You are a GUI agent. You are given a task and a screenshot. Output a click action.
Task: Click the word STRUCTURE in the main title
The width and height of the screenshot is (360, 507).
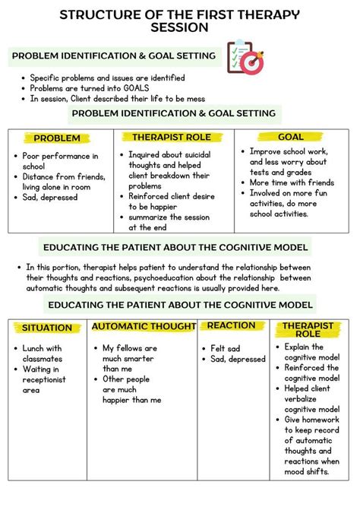coord(97,15)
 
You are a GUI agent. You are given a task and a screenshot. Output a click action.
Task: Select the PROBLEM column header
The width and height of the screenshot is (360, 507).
coord(58,138)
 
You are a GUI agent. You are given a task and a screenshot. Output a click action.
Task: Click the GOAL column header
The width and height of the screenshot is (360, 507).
coord(290,138)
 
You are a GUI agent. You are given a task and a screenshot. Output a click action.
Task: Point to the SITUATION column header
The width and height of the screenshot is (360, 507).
coord(47,328)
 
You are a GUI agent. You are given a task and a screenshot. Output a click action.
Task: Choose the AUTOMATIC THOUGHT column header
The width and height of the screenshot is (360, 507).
coord(144,327)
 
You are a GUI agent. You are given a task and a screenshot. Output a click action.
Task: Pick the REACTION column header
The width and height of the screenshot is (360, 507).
coord(231,326)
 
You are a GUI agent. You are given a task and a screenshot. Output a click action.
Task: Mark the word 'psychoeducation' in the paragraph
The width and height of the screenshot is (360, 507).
coord(197,277)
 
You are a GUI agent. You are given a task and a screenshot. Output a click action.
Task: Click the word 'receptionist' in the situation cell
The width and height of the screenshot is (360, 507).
coord(50,380)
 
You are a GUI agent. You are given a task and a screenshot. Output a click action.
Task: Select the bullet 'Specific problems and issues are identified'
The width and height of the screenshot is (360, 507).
coord(107,78)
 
